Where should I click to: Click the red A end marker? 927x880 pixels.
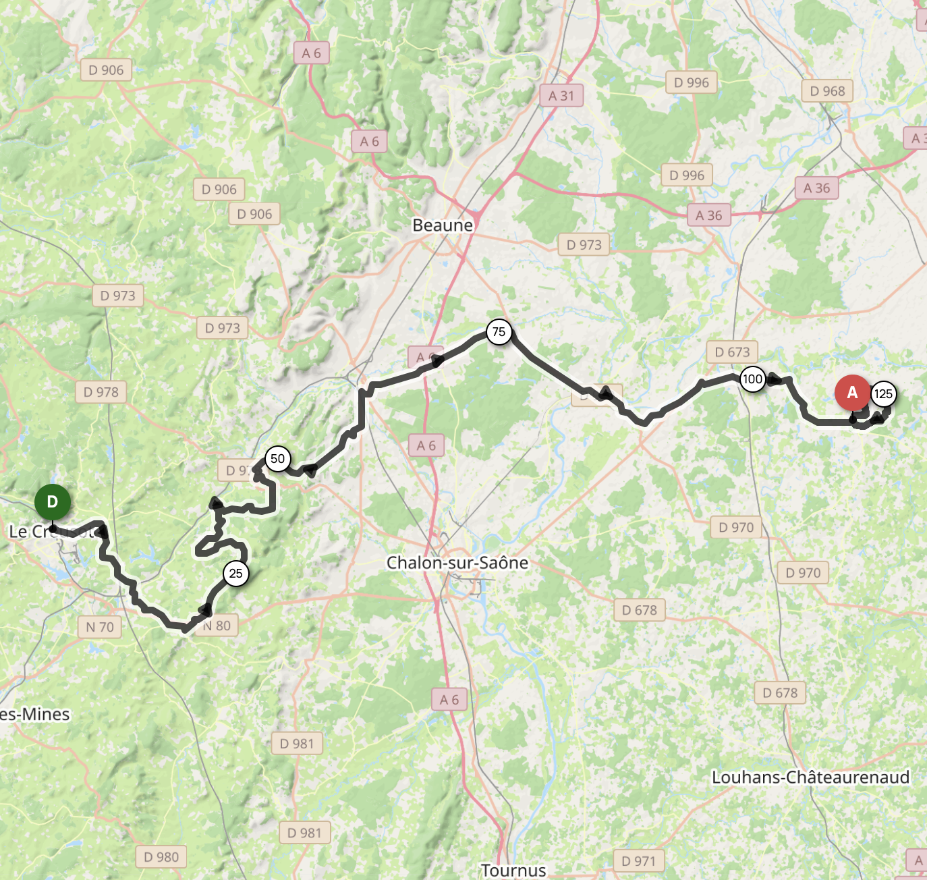click(x=852, y=393)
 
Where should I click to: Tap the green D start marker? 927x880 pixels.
click(x=53, y=502)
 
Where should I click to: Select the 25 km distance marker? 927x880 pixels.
click(x=235, y=574)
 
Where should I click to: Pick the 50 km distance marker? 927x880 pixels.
click(x=277, y=459)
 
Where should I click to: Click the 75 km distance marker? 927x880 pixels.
click(x=499, y=332)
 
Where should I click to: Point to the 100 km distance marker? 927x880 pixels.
click(x=752, y=379)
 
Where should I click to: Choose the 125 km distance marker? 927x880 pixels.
click(x=883, y=394)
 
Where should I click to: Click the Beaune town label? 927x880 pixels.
click(x=443, y=225)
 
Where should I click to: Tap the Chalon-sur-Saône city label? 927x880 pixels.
click(x=457, y=563)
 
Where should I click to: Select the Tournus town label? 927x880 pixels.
click(x=513, y=871)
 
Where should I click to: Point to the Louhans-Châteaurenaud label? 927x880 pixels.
click(x=810, y=777)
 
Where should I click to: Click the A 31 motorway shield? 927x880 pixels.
click(x=561, y=96)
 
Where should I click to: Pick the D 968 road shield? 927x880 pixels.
click(x=827, y=91)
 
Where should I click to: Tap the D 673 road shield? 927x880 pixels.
click(x=732, y=352)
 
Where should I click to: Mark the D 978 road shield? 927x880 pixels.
click(x=101, y=392)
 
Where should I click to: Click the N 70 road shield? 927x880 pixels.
click(x=100, y=627)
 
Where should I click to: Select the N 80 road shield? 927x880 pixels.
click(x=217, y=626)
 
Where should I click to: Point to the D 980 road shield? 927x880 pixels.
click(x=161, y=857)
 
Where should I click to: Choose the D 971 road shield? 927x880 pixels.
click(x=639, y=861)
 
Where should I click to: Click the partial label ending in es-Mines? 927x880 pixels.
click(x=35, y=714)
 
